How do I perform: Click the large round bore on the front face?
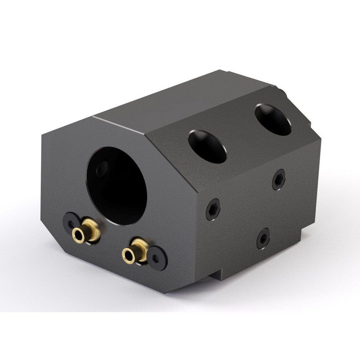117,185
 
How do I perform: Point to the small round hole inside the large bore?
103,168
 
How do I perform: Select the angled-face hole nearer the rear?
273,120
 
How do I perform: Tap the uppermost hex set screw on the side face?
279,179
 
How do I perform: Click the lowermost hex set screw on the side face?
263,238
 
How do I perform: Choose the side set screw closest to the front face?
213,209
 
